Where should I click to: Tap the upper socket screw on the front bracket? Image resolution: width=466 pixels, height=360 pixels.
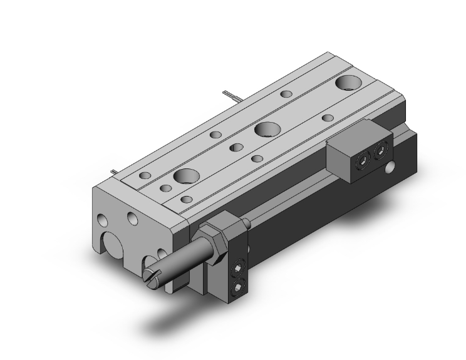[238, 270]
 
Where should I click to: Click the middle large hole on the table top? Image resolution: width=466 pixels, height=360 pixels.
[267, 129]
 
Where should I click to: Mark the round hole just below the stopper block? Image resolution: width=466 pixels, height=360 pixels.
[391, 167]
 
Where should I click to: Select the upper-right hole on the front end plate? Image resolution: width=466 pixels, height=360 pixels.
[132, 217]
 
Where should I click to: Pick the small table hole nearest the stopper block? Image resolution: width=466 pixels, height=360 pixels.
[327, 117]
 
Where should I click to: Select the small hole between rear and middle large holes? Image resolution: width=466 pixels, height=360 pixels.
[286, 95]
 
